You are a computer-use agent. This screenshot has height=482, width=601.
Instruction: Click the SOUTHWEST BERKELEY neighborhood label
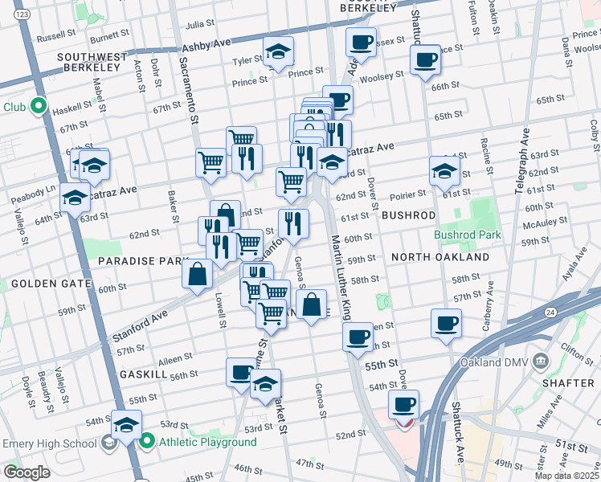92,62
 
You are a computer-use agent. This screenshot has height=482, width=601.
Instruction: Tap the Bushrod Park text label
467,235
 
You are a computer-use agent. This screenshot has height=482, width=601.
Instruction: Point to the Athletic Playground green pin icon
148,441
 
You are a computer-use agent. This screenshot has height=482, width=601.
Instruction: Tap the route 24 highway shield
550,312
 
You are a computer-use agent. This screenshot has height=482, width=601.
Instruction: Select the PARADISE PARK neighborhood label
142,262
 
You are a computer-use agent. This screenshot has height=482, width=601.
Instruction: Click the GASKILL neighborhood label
143,374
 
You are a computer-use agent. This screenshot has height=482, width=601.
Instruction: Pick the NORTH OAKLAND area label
440,257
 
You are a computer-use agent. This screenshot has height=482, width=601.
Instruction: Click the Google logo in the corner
26,472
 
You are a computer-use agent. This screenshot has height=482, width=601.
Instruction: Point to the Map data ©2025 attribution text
566,476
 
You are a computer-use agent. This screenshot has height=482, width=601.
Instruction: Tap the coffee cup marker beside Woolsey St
425,59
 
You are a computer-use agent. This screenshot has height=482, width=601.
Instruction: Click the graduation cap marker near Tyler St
279,52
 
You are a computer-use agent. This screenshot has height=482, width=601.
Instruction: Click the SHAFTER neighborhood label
567,383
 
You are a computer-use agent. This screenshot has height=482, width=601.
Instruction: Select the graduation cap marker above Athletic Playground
127,425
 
